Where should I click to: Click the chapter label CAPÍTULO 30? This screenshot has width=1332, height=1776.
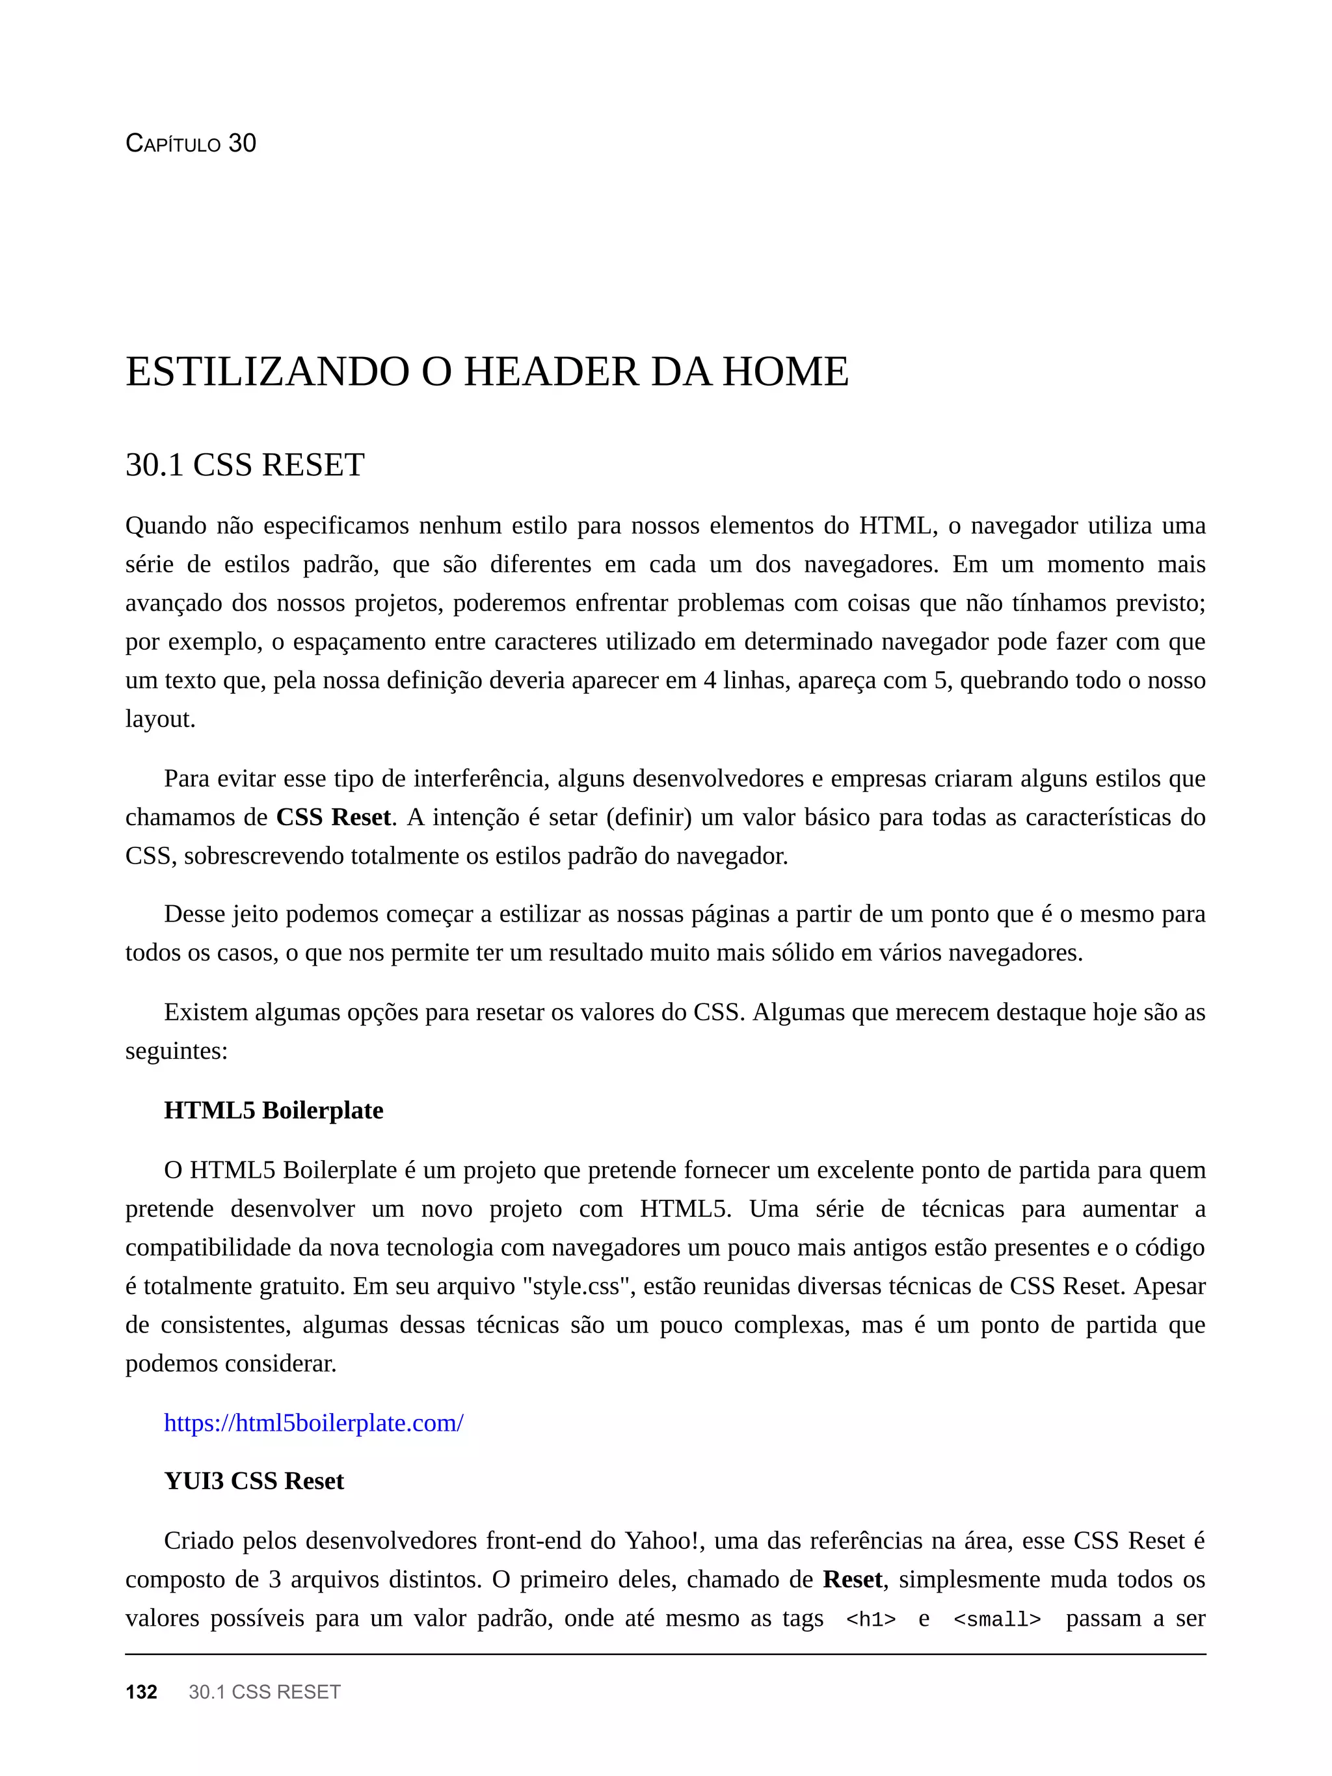pos(191,143)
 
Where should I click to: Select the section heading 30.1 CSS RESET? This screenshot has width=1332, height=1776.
pos(245,465)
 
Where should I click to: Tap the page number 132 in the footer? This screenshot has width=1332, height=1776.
pos(141,1691)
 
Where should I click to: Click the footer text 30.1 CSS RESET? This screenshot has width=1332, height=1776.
pos(264,1691)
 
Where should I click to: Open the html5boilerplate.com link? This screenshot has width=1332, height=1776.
pos(313,1423)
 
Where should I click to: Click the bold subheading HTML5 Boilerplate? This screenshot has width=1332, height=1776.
pos(273,1110)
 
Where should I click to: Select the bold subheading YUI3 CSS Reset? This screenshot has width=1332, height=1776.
pos(254,1481)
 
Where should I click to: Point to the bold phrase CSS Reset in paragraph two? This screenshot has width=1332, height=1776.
pos(333,817)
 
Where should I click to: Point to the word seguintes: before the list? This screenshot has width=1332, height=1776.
pos(176,1051)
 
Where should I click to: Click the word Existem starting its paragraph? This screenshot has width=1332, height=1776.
pos(206,1012)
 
